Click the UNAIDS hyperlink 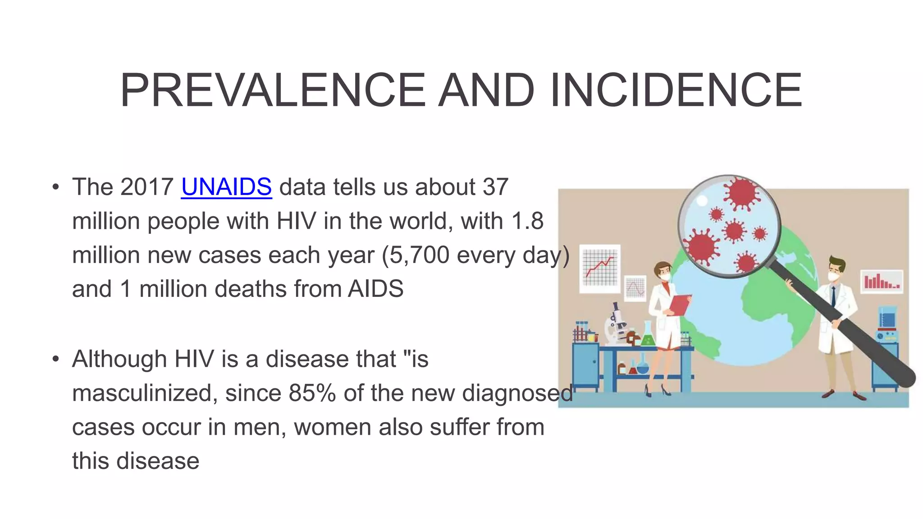point(226,187)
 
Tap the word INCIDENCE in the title point(676,91)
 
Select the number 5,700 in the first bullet point(419,255)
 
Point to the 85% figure point(312,393)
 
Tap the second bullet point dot point(55,359)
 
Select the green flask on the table point(648,336)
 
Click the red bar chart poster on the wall point(882,282)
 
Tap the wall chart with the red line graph point(600,269)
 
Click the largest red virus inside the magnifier point(741,193)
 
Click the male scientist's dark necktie point(833,296)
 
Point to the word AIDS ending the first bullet point(375,289)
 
